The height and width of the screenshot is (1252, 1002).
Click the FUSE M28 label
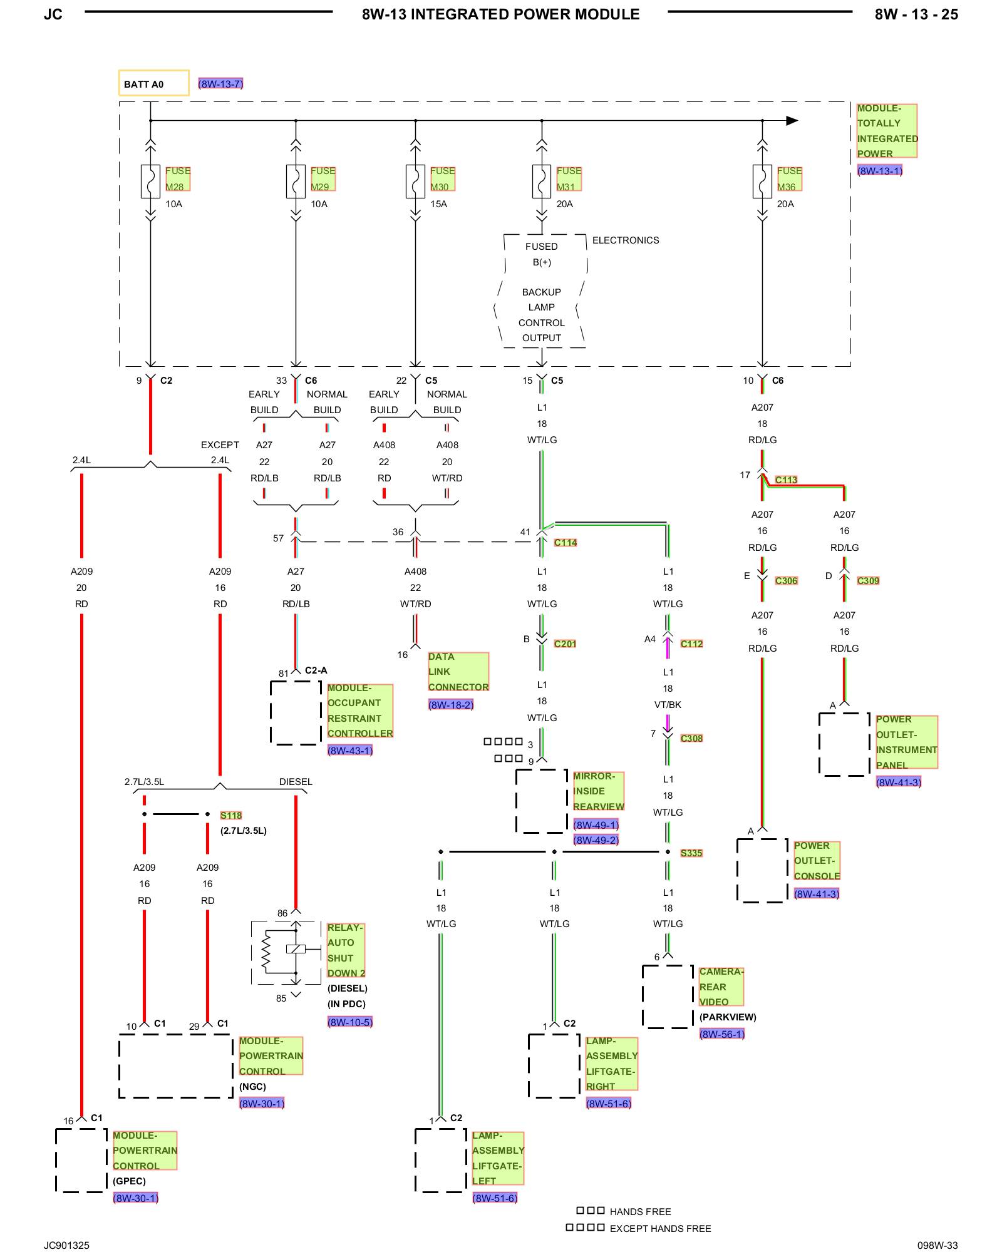pyautogui.click(x=178, y=178)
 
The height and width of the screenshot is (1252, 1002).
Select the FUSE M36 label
pyautogui.click(x=789, y=178)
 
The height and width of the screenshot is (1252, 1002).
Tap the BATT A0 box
pyautogui.click(x=154, y=83)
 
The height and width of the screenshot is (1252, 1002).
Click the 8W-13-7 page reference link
pyautogui.click(x=220, y=84)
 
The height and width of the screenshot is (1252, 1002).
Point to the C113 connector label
pyautogui.click(x=786, y=480)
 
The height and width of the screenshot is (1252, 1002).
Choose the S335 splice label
pyautogui.click(x=691, y=853)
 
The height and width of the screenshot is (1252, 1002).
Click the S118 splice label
pyautogui.click(x=231, y=816)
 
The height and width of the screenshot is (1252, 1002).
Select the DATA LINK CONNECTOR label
pyautogui.click(x=458, y=672)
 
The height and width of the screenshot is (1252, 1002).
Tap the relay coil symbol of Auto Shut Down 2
pyautogui.click(x=296, y=949)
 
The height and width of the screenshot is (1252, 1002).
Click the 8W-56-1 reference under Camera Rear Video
pyautogui.click(x=722, y=1034)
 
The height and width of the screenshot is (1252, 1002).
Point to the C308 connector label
pyautogui.click(x=691, y=739)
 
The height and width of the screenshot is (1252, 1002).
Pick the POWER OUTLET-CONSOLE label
pyautogui.click(x=817, y=861)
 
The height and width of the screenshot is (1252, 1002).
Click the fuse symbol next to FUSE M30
pyautogui.click(x=415, y=182)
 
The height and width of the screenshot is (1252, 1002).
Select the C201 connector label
pyautogui.click(x=565, y=644)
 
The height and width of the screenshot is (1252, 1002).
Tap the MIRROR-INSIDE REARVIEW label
pyautogui.click(x=599, y=791)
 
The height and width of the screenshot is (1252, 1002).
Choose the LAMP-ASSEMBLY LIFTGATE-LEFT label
pyautogui.click(x=498, y=1158)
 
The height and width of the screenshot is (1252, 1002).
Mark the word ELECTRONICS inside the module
pyautogui.click(x=626, y=240)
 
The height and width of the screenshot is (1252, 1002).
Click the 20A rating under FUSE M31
pyautogui.click(x=565, y=204)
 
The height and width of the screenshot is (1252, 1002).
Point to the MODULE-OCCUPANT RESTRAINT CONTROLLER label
pyautogui.click(x=360, y=711)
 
